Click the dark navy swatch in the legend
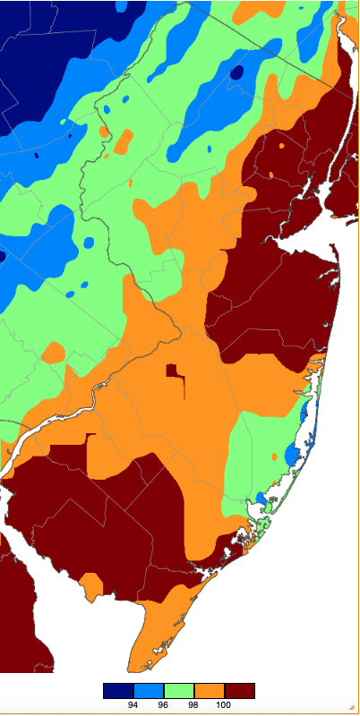point(118,690)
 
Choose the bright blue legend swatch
point(149,690)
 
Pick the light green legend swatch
point(179,690)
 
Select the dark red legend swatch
point(239,690)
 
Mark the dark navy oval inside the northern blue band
point(236,72)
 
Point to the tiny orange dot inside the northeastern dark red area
point(282,144)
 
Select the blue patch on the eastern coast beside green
point(292,456)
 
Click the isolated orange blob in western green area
point(53,353)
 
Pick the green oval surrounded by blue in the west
point(89,243)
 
